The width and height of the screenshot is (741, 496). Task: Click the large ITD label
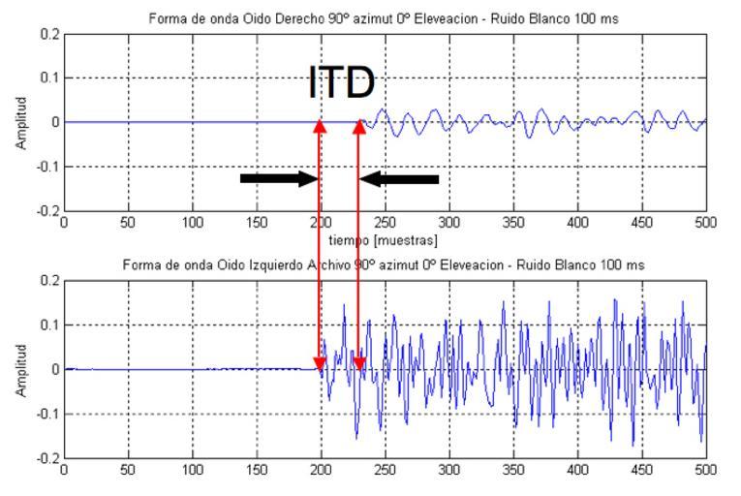pos(341,83)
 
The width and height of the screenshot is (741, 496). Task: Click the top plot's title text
pos(385,17)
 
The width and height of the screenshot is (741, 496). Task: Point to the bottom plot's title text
pos(385,264)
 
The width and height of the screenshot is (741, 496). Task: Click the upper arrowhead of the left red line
pos(320,126)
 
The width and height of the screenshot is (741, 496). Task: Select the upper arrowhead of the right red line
pos(358,126)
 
